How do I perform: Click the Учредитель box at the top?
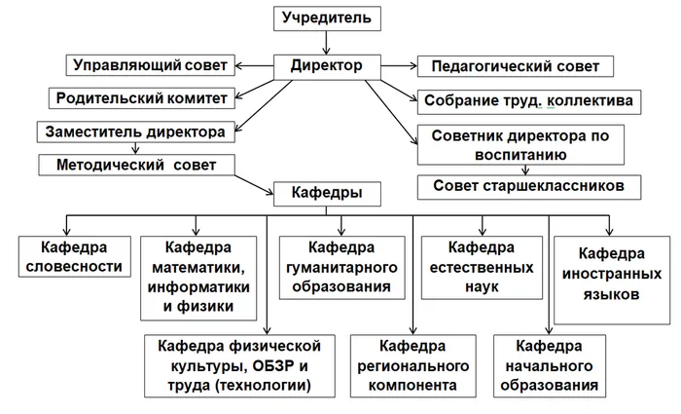click(326, 19)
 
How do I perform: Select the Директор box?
click(326, 66)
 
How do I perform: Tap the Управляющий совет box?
click(151, 66)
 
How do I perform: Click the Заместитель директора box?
click(136, 131)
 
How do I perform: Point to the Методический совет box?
click(142, 164)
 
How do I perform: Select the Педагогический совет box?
click(515, 67)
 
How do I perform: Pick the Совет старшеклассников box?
click(530, 184)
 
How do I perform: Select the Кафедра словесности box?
click(74, 257)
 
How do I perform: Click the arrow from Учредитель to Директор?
click(326, 42)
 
